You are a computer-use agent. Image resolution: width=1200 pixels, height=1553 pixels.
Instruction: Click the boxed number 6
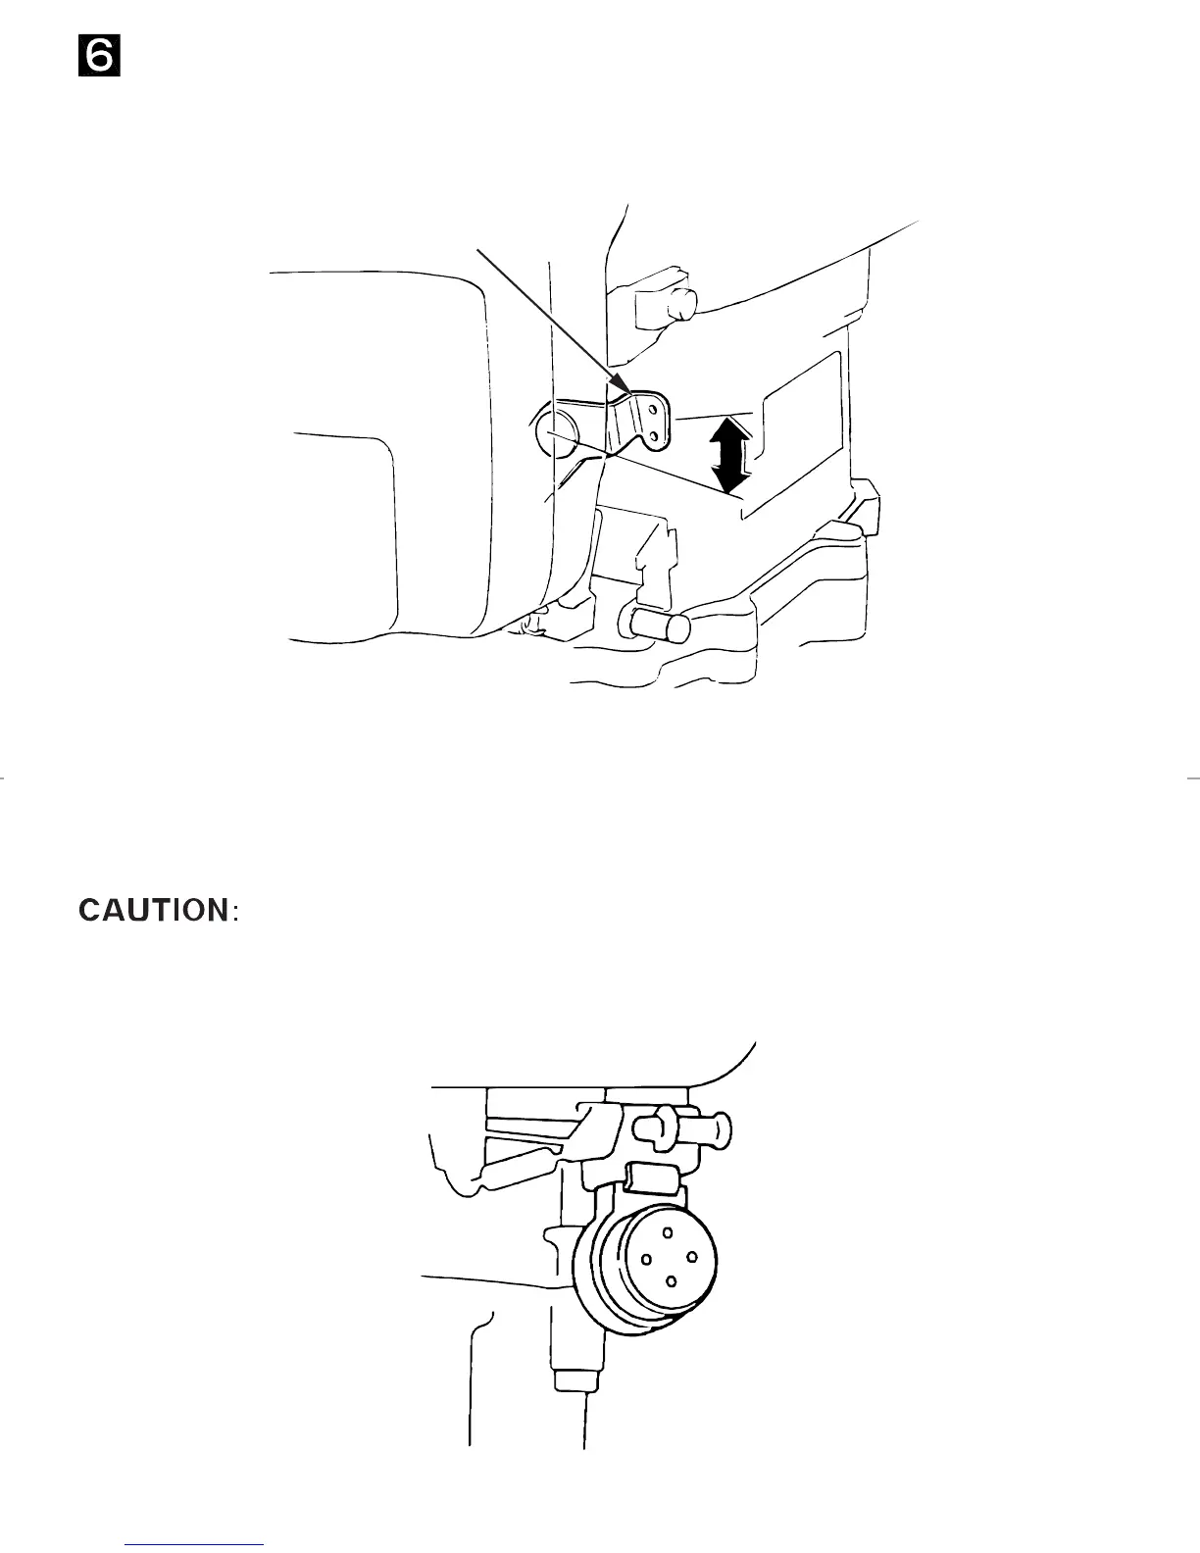tap(99, 58)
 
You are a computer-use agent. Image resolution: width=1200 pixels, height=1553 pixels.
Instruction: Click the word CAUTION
tap(153, 910)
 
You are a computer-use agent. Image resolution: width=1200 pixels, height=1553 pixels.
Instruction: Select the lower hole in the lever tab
tap(653, 435)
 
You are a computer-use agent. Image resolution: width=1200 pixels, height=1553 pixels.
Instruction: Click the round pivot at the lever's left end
tap(555, 430)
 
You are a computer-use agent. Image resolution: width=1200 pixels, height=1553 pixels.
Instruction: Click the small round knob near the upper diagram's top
tap(680, 306)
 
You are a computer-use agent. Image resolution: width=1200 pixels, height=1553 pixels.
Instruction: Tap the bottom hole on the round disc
tap(671, 1280)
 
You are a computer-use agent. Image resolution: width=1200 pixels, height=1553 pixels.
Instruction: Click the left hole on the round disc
tap(646, 1259)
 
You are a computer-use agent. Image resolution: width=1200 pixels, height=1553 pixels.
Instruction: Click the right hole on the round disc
tap(692, 1256)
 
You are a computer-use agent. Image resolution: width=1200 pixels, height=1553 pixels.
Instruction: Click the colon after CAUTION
tap(234, 913)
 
